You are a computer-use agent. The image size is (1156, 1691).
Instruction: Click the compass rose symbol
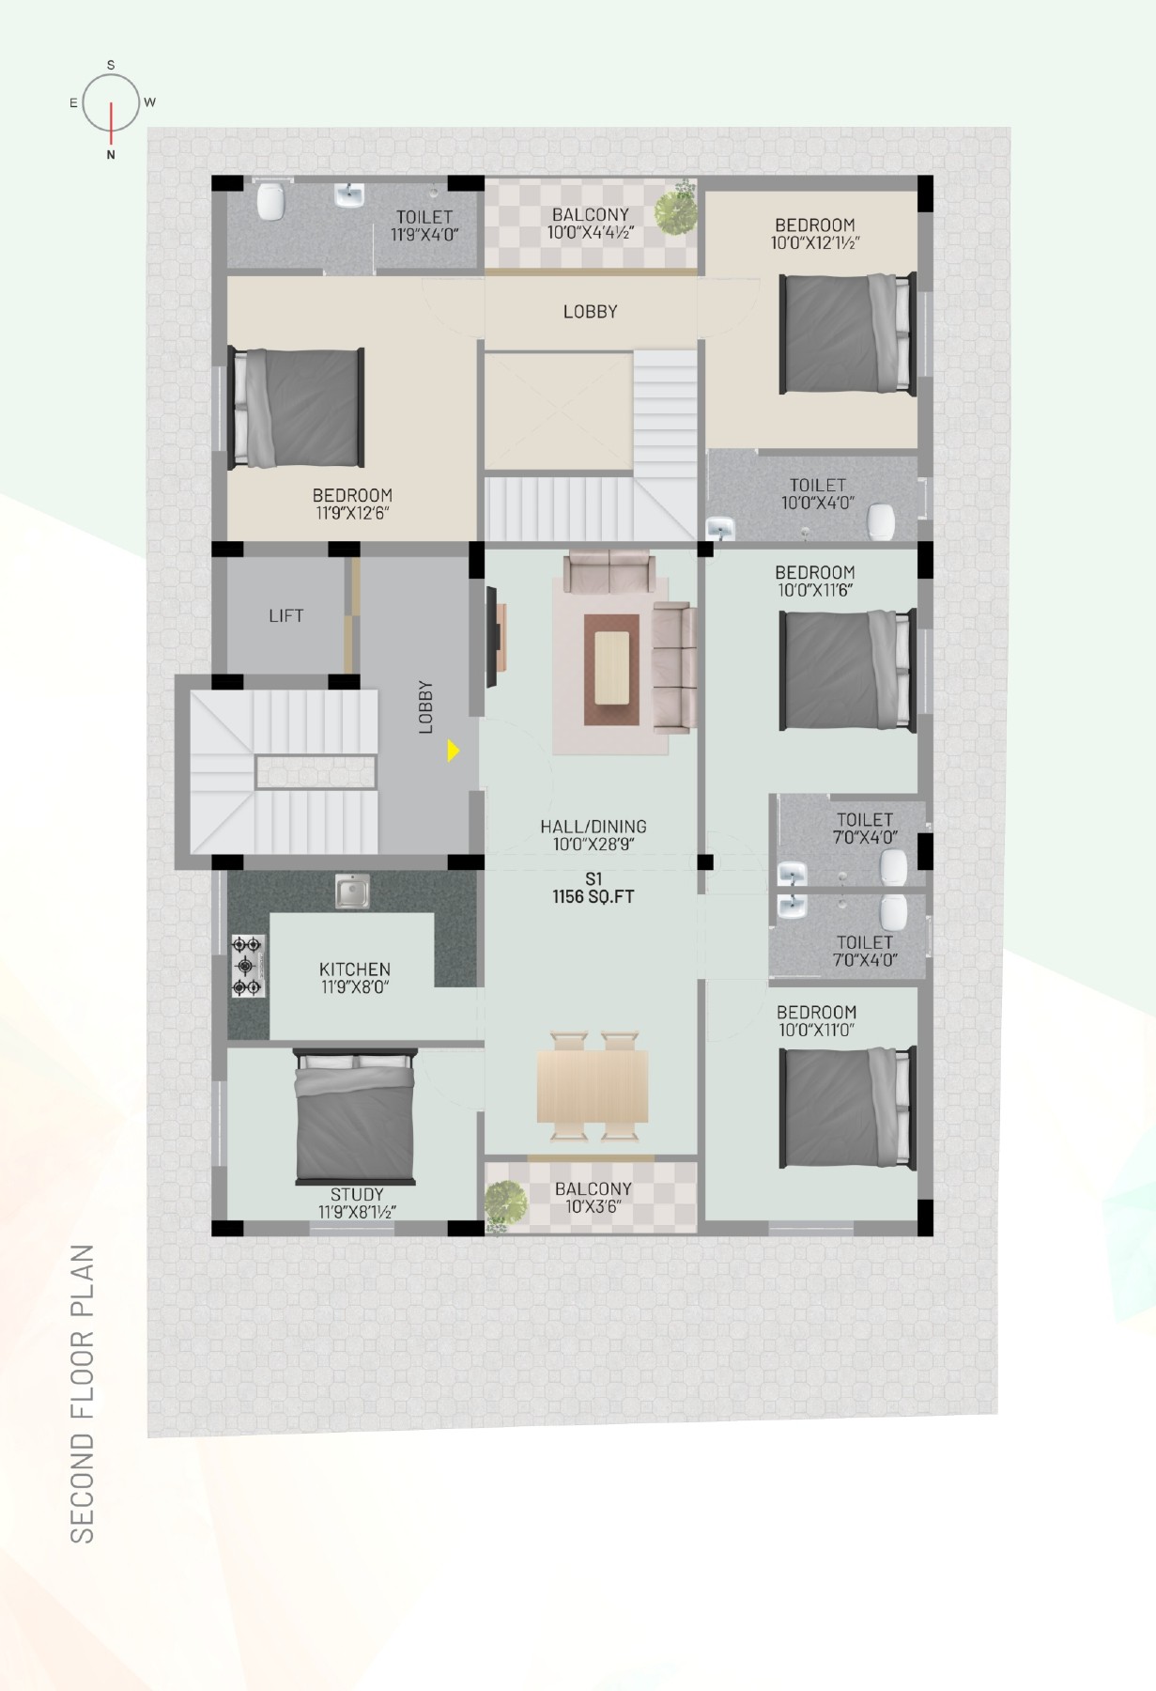tap(111, 103)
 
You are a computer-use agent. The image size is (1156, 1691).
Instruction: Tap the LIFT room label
tap(285, 615)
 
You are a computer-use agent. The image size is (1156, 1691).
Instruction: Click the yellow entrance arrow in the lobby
tap(454, 751)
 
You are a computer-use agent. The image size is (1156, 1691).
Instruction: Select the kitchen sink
tap(352, 891)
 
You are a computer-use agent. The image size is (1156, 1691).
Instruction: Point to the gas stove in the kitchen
tap(248, 966)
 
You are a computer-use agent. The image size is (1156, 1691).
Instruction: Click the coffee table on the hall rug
tap(611, 667)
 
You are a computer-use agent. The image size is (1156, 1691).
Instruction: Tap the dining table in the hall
tap(593, 1086)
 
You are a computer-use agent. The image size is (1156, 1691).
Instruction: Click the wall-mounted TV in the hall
tap(490, 637)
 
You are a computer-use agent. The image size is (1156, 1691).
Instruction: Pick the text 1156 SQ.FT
tap(593, 896)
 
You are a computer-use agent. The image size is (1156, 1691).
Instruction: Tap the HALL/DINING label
tap(593, 827)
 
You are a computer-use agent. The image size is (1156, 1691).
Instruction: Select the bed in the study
tap(354, 1115)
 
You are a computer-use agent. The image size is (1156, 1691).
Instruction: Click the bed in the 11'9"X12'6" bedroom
tap(297, 407)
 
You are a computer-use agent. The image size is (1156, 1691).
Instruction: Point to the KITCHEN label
tap(354, 969)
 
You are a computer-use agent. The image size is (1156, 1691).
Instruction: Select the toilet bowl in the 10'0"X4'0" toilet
tap(881, 521)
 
